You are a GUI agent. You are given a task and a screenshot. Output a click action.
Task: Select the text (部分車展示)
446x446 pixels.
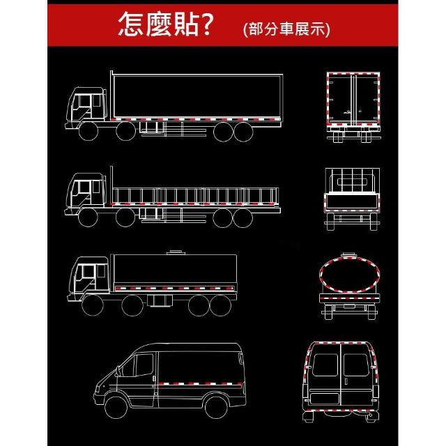(286, 29)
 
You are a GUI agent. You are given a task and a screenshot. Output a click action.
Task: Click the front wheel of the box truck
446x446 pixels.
(89, 131)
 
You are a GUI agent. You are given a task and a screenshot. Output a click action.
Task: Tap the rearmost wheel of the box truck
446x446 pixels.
(243, 132)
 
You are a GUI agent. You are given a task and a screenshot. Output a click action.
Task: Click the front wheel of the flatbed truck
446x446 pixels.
(88, 217)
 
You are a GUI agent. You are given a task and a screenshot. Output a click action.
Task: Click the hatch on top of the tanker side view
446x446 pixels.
(176, 252)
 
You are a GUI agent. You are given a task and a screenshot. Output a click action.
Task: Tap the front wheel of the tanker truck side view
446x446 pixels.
(93, 305)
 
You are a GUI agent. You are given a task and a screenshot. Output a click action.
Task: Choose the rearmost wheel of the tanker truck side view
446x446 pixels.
(220, 305)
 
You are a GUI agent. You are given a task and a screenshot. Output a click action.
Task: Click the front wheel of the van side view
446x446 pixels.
(116, 407)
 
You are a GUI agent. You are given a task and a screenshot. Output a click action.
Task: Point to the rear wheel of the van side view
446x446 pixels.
(216, 407)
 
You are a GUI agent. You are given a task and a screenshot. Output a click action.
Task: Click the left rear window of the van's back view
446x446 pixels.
(325, 365)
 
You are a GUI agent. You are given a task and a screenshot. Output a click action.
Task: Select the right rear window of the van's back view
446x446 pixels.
(356, 365)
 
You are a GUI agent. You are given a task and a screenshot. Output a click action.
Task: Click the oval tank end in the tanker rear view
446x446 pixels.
(350, 275)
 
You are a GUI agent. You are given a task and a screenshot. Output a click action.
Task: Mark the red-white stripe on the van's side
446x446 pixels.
(201, 384)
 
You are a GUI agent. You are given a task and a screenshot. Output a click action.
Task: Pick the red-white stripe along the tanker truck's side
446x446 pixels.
(175, 289)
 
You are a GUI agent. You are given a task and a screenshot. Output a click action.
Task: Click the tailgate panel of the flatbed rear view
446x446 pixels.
(352, 201)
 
